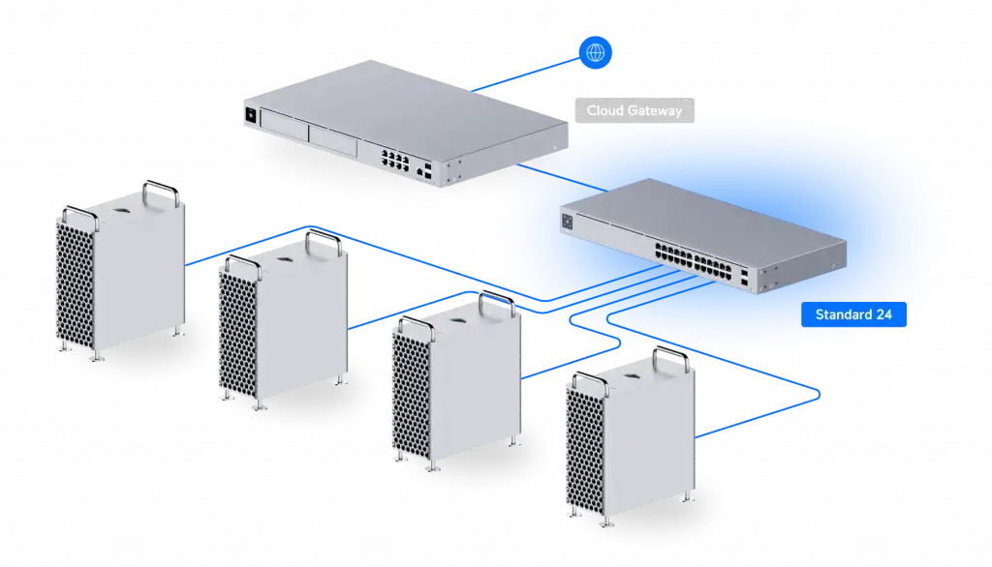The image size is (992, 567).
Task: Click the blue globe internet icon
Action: click(596, 52)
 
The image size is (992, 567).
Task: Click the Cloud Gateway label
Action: click(635, 110)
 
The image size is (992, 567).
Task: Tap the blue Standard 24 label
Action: click(853, 314)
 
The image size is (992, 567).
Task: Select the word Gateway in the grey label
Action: click(656, 110)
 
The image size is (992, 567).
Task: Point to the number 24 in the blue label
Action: click(883, 314)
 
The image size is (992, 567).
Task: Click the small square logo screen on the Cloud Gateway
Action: click(251, 115)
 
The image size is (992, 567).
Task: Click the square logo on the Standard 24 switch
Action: click(567, 222)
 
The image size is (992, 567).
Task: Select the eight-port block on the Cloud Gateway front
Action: click(395, 160)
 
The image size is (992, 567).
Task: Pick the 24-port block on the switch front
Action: click(694, 262)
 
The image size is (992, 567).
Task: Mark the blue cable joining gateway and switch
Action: click(563, 178)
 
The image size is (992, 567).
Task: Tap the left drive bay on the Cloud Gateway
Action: click(284, 125)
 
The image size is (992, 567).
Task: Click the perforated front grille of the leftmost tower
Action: click(76, 284)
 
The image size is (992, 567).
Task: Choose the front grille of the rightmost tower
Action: click(585, 451)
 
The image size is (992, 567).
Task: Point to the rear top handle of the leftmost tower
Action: click(160, 193)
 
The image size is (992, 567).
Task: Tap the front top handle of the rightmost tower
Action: click(591, 382)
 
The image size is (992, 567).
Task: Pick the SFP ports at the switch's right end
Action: click(744, 278)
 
